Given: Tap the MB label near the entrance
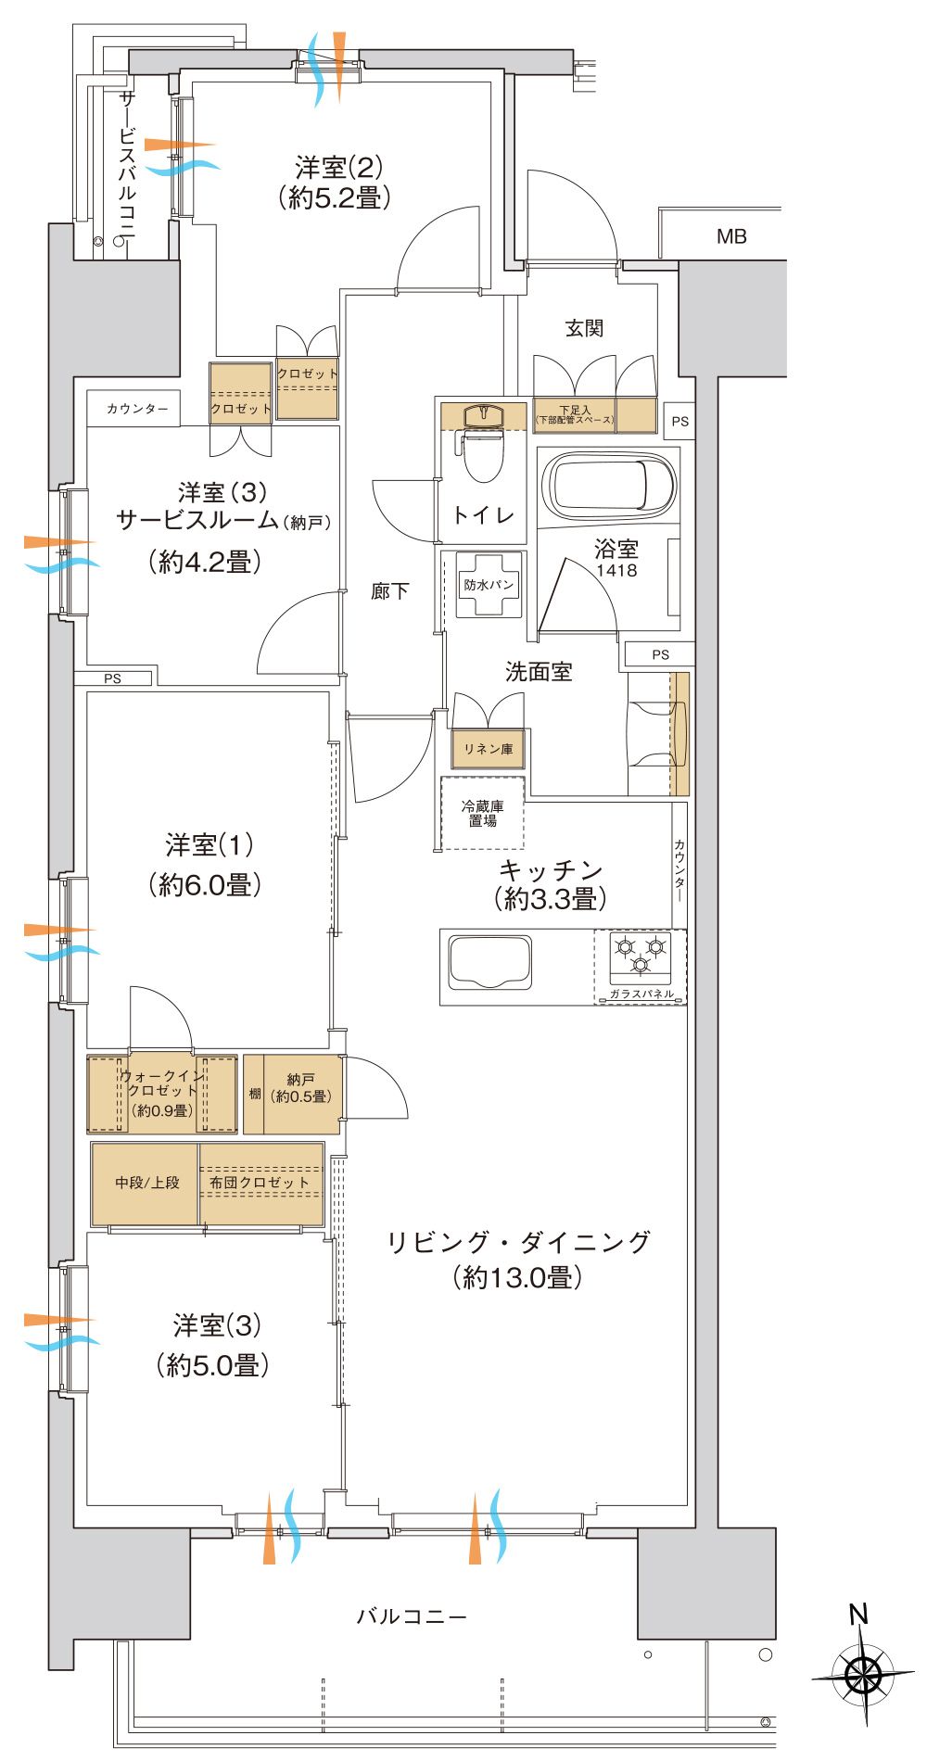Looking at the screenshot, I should (x=731, y=237).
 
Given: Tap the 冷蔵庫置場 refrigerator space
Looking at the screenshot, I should (x=482, y=814).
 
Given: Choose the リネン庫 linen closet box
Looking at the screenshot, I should (x=489, y=749).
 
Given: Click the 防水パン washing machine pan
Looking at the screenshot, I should (x=489, y=585).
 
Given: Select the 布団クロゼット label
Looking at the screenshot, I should (x=260, y=1183).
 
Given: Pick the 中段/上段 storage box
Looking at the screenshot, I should (x=146, y=1183).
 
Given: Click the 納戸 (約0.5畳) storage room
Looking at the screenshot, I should (x=300, y=1088).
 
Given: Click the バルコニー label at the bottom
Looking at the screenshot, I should (x=412, y=1617).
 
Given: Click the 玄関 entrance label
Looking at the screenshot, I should (x=584, y=328).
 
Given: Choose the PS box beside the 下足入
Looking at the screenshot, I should (x=680, y=421).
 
